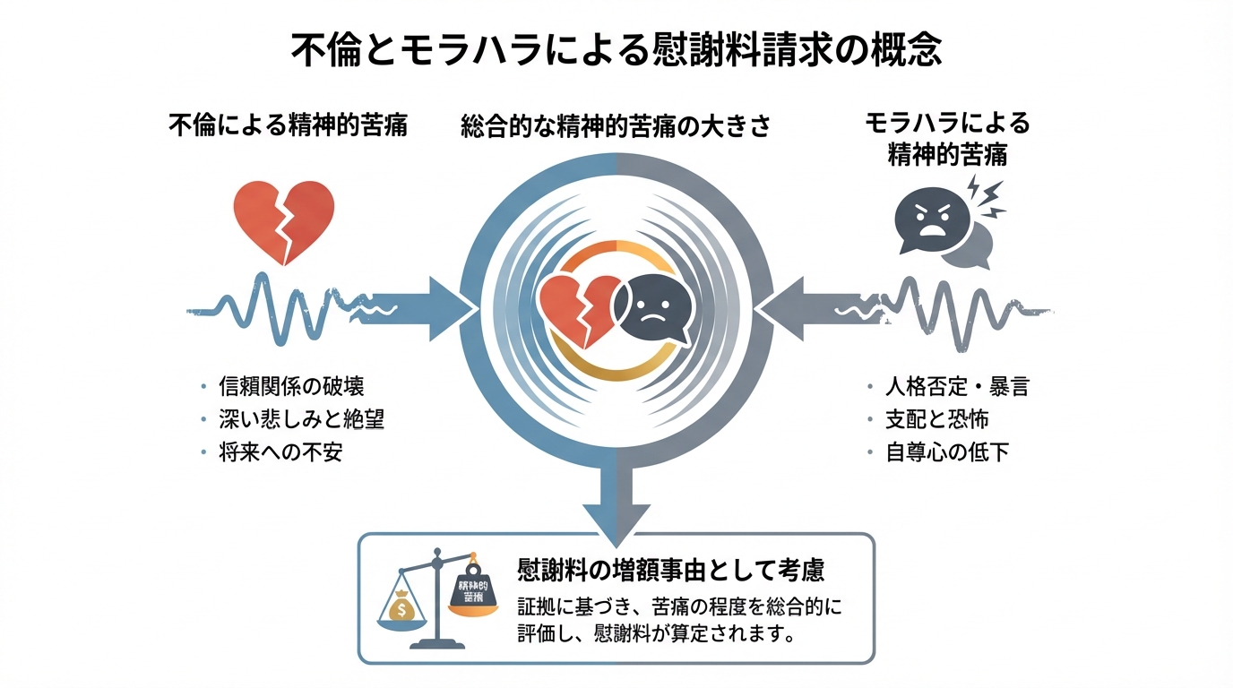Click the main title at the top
pyautogui.click(x=616, y=49)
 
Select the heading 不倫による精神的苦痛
pyautogui.click(x=288, y=125)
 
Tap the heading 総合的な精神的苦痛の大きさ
pyautogui.click(x=616, y=126)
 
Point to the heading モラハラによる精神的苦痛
pyautogui.click(x=947, y=138)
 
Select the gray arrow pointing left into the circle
pyautogui.click(x=799, y=308)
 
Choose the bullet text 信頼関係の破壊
pyautogui.click(x=291, y=387)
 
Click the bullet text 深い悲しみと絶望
pyautogui.click(x=301, y=419)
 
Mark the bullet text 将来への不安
pyautogui.click(x=280, y=451)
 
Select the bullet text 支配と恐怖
pyautogui.click(x=936, y=419)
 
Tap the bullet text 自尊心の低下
pyautogui.click(x=947, y=451)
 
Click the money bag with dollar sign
pyautogui.click(x=402, y=606)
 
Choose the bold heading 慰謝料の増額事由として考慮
pyautogui.click(x=671, y=569)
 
